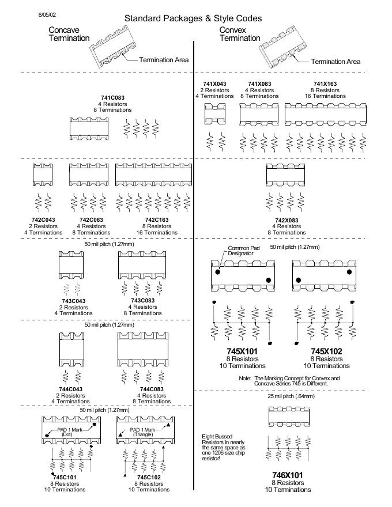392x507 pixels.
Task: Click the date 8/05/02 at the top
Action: (47, 12)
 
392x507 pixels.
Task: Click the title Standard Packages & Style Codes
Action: (193, 18)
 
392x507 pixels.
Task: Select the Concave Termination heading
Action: (69, 34)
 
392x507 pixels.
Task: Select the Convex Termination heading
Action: (240, 34)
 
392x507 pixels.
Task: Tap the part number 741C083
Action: (112, 98)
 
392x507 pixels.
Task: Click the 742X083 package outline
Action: (285, 175)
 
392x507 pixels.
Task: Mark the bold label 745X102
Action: (327, 351)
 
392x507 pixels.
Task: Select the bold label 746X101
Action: (288, 475)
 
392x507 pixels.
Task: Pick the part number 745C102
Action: (148, 478)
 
